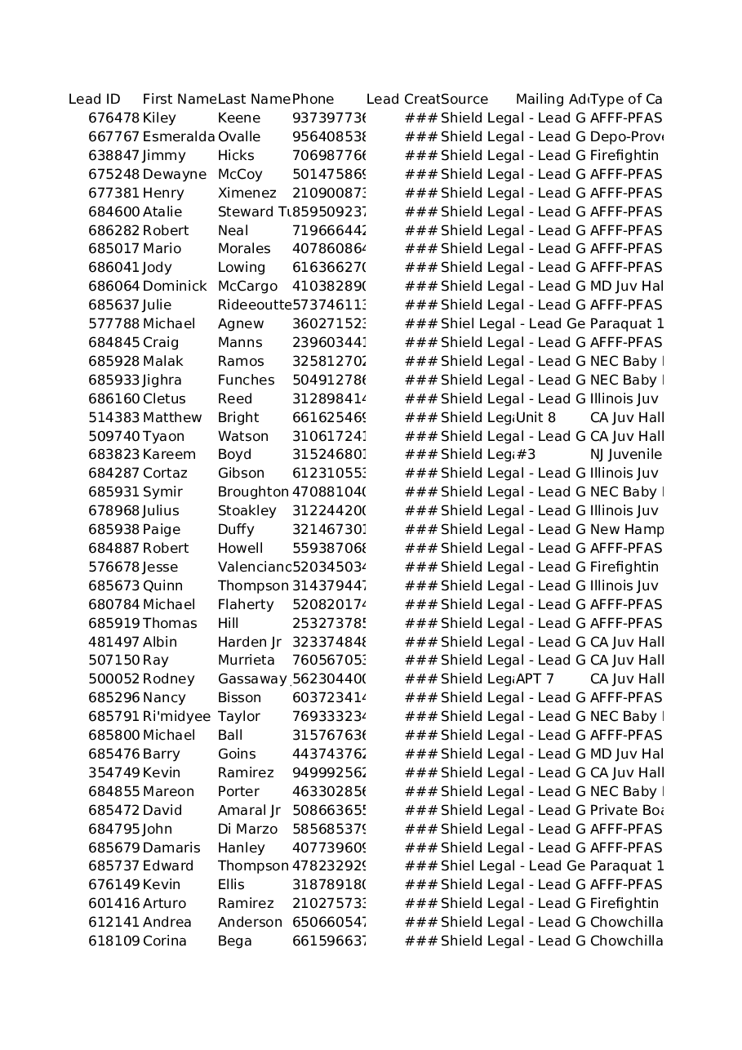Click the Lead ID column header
click(x=94, y=100)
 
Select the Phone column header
click(x=313, y=100)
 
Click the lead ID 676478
click(x=113, y=118)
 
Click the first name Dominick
click(x=175, y=287)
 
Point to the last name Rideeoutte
click(x=254, y=305)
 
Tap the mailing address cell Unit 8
click(x=535, y=418)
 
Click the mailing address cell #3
click(x=526, y=455)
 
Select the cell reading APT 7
click(x=535, y=679)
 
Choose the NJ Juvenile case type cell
click(x=625, y=455)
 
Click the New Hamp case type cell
click(x=626, y=530)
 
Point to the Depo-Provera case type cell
click(x=625, y=137)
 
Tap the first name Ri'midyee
click(x=176, y=717)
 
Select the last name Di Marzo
click(x=240, y=830)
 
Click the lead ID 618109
click(x=113, y=941)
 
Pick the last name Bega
click(x=235, y=941)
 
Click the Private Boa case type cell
click(x=625, y=811)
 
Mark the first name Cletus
click(x=164, y=399)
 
